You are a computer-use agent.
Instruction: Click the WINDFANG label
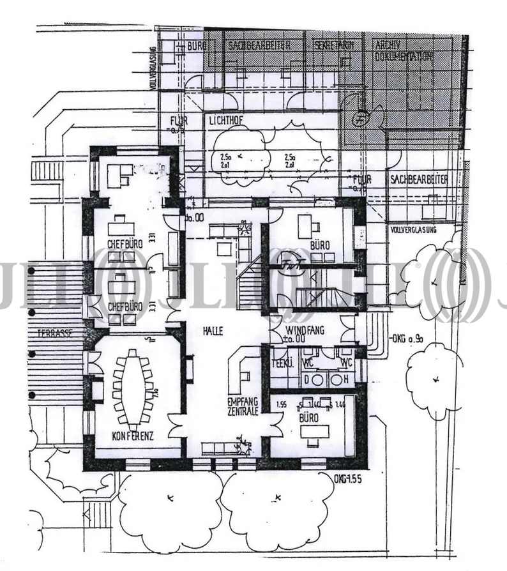(306, 330)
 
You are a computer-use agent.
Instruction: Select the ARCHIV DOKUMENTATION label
(405, 50)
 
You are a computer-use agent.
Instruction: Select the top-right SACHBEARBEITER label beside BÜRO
(258, 45)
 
